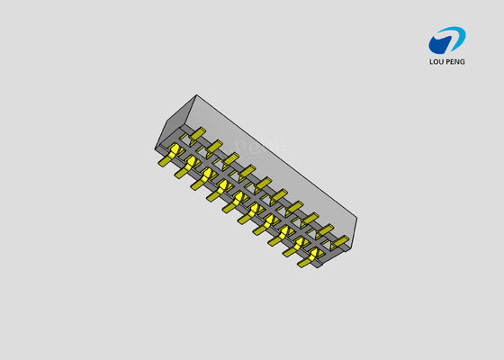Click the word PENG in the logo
pyautogui.click(x=456, y=62)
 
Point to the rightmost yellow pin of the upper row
pyautogui.click(x=338, y=241)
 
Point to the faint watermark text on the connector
pyautogui.click(x=261, y=146)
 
